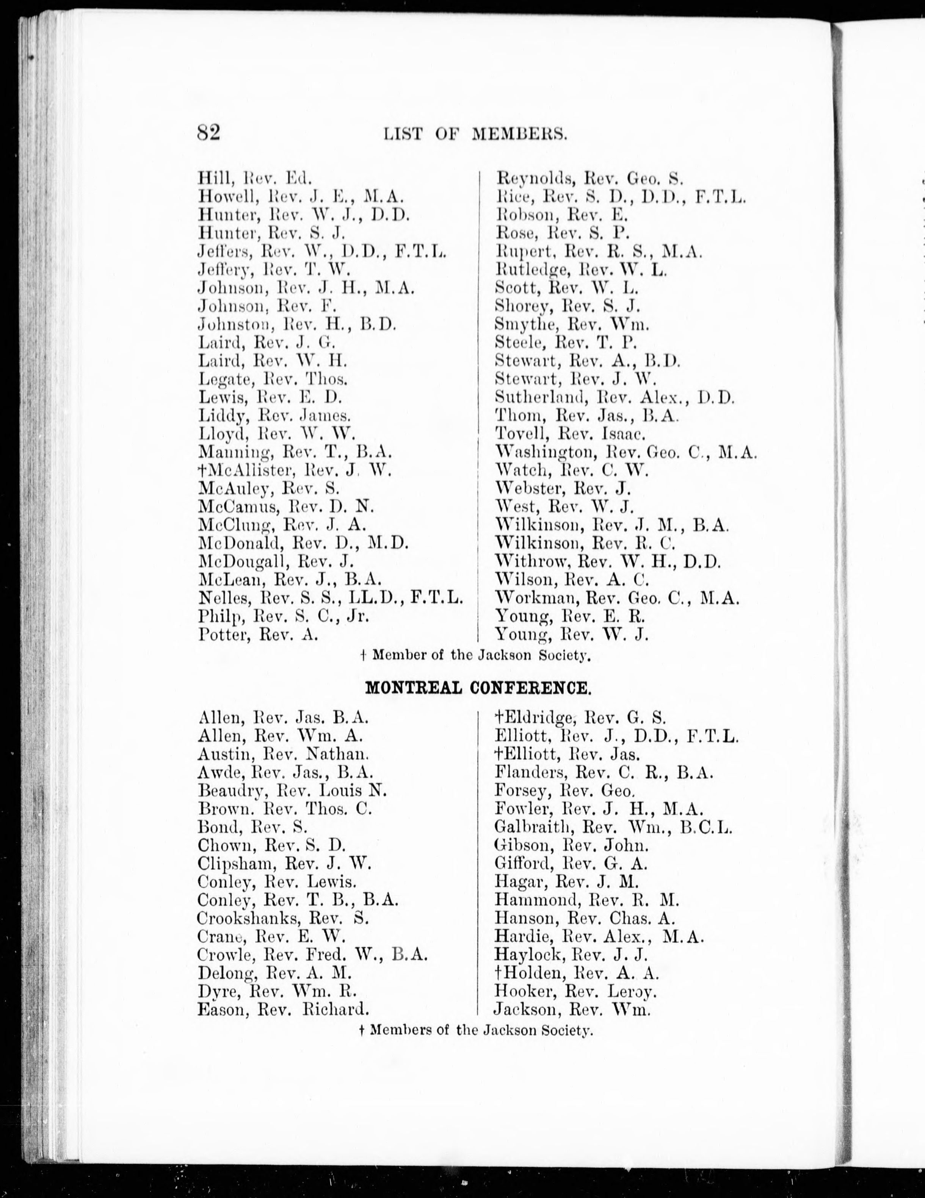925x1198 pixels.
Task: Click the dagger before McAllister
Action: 203,470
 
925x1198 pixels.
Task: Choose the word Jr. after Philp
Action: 357,616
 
